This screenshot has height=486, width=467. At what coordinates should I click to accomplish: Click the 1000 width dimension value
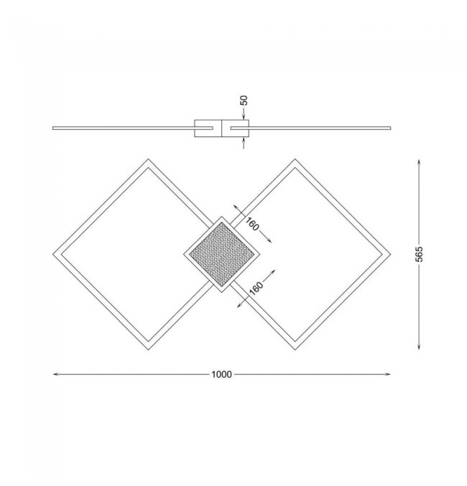221,375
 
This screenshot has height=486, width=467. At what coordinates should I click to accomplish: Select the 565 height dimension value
419,254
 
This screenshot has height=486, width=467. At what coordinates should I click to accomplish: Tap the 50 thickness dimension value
244,101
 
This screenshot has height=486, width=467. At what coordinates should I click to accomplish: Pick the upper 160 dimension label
252,224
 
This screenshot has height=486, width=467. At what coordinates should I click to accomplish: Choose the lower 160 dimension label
256,289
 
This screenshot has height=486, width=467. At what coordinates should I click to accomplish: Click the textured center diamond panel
221,254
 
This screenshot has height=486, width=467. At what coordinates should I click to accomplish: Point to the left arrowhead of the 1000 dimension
56,375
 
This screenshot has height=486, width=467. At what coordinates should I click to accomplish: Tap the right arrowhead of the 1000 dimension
387,375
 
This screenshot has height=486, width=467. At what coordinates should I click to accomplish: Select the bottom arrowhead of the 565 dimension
419,347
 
